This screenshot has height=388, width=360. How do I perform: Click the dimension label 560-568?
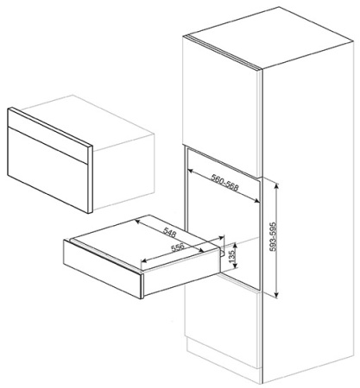pos(225,183)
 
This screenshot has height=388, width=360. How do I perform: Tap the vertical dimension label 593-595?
pos(274,237)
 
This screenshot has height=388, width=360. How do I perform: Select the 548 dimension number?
pos(170,232)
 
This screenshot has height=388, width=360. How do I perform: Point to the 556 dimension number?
pos(177,247)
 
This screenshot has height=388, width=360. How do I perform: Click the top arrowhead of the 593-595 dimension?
pos(276,185)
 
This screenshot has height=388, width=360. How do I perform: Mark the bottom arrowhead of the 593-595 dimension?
pos(276,294)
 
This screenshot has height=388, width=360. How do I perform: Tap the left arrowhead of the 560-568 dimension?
pos(190,171)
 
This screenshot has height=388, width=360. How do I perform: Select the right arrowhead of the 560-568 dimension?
pos(256,201)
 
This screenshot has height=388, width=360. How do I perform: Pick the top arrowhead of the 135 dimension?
pos(236,245)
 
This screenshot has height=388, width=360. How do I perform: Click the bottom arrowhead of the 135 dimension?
pos(236,266)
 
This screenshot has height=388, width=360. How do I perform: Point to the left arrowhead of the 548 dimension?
pos(137,222)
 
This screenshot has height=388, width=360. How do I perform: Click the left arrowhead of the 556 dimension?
pos(143,261)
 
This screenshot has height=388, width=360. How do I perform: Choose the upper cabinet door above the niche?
pos(221,105)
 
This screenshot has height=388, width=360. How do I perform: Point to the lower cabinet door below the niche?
pos(222,316)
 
